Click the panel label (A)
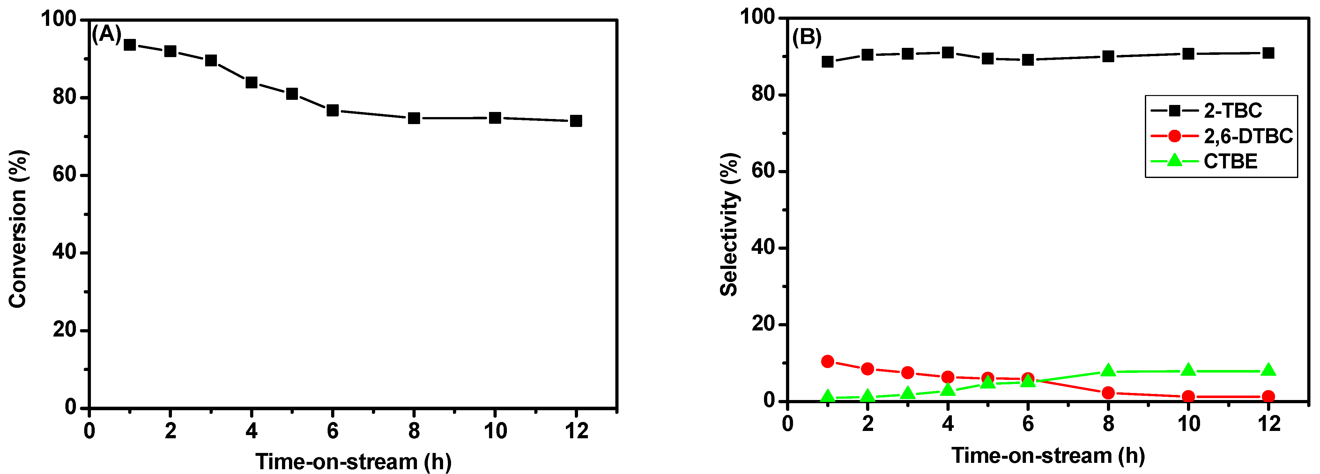point(107,34)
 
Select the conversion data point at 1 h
point(130,45)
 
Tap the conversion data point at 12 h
point(576,121)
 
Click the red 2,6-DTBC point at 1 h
point(827,361)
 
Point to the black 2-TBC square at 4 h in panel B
point(948,52)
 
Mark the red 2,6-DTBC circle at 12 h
point(1268,396)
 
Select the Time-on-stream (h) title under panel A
point(353,462)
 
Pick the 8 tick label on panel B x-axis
point(1109,424)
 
